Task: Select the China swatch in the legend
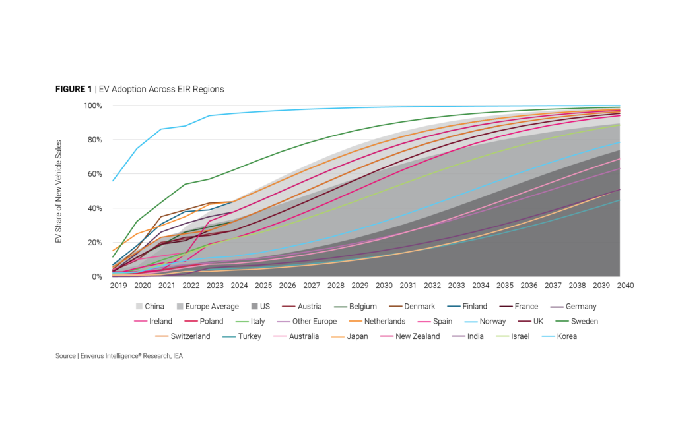point(139,306)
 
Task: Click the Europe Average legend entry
point(205,306)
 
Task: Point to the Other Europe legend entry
point(314,321)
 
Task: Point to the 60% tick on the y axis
point(92,174)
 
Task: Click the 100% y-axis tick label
point(91,105)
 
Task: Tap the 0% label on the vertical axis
point(96,277)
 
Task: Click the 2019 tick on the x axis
point(119,286)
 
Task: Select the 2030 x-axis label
point(384,286)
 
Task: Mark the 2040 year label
point(625,286)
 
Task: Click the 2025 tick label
point(263,286)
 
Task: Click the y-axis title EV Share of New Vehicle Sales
point(59,191)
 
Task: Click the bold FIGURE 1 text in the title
point(73,89)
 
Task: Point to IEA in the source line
point(183,356)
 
